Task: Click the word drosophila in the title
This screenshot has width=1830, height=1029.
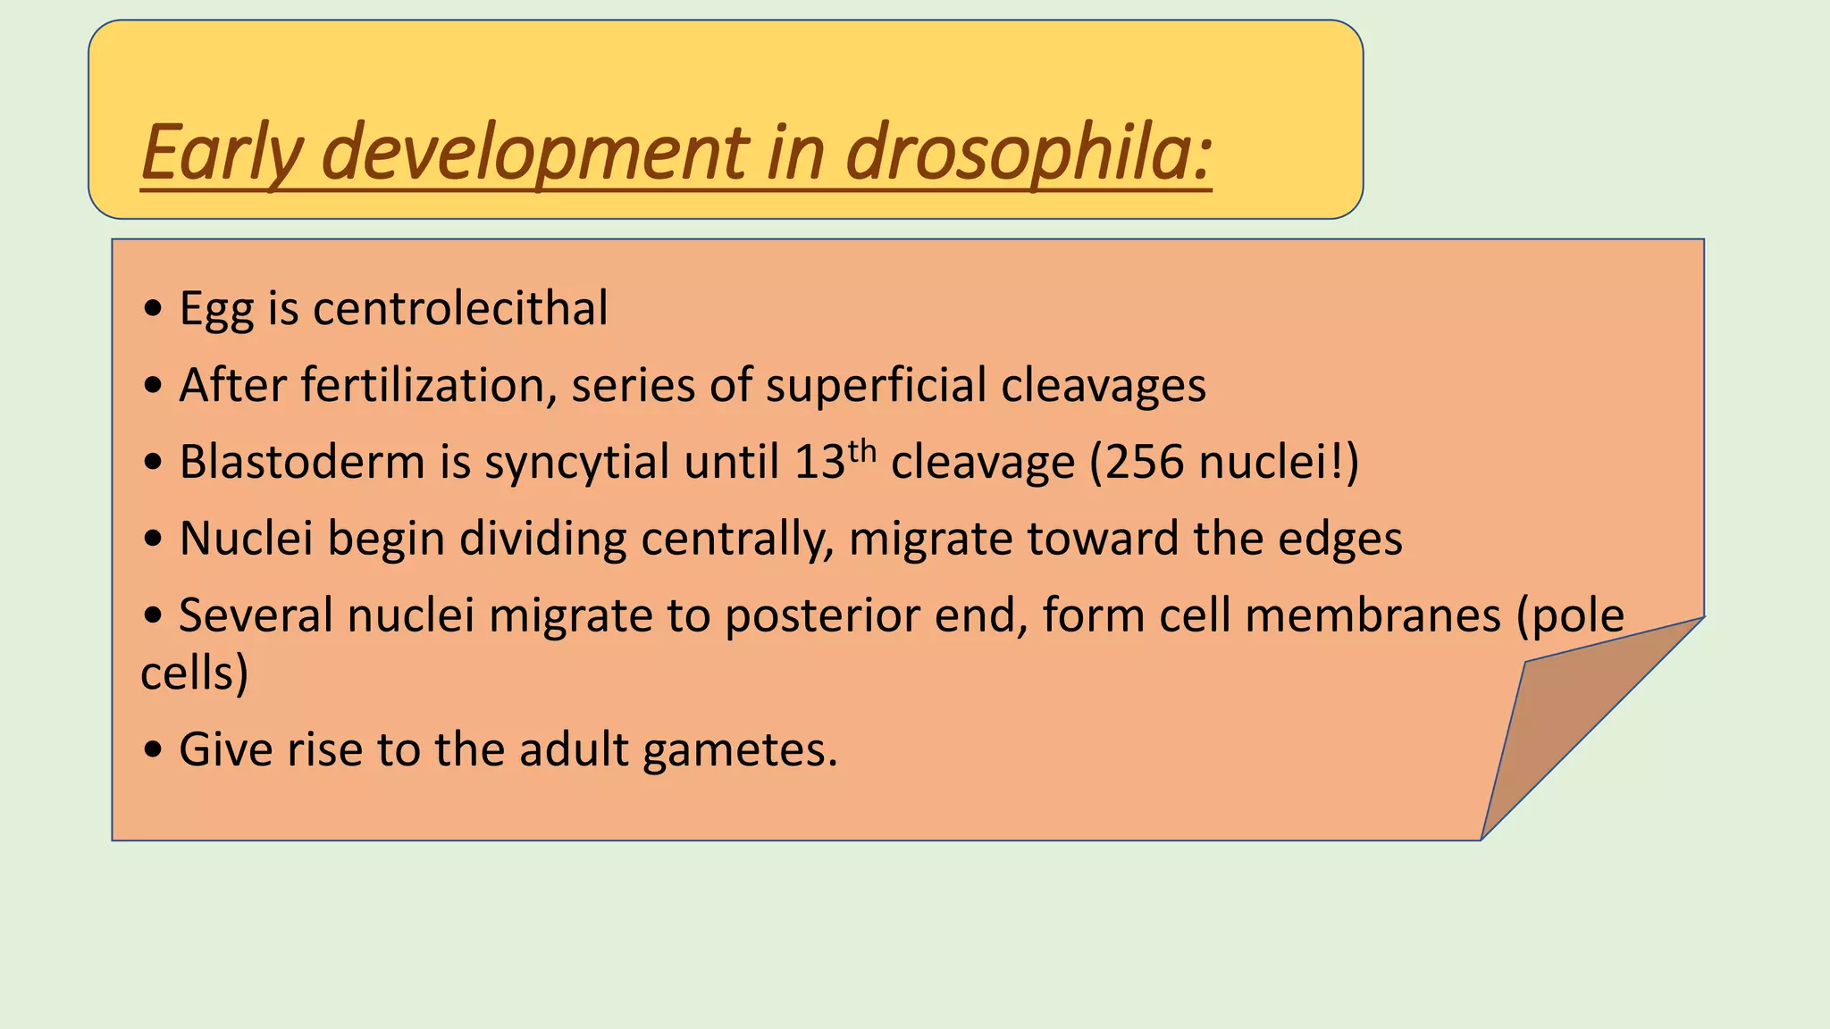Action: point(1028,152)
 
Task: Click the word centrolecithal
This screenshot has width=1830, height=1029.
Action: point(460,308)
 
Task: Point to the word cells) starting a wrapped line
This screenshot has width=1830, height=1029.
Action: point(194,673)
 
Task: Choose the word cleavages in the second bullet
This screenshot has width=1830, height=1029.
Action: point(1104,385)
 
